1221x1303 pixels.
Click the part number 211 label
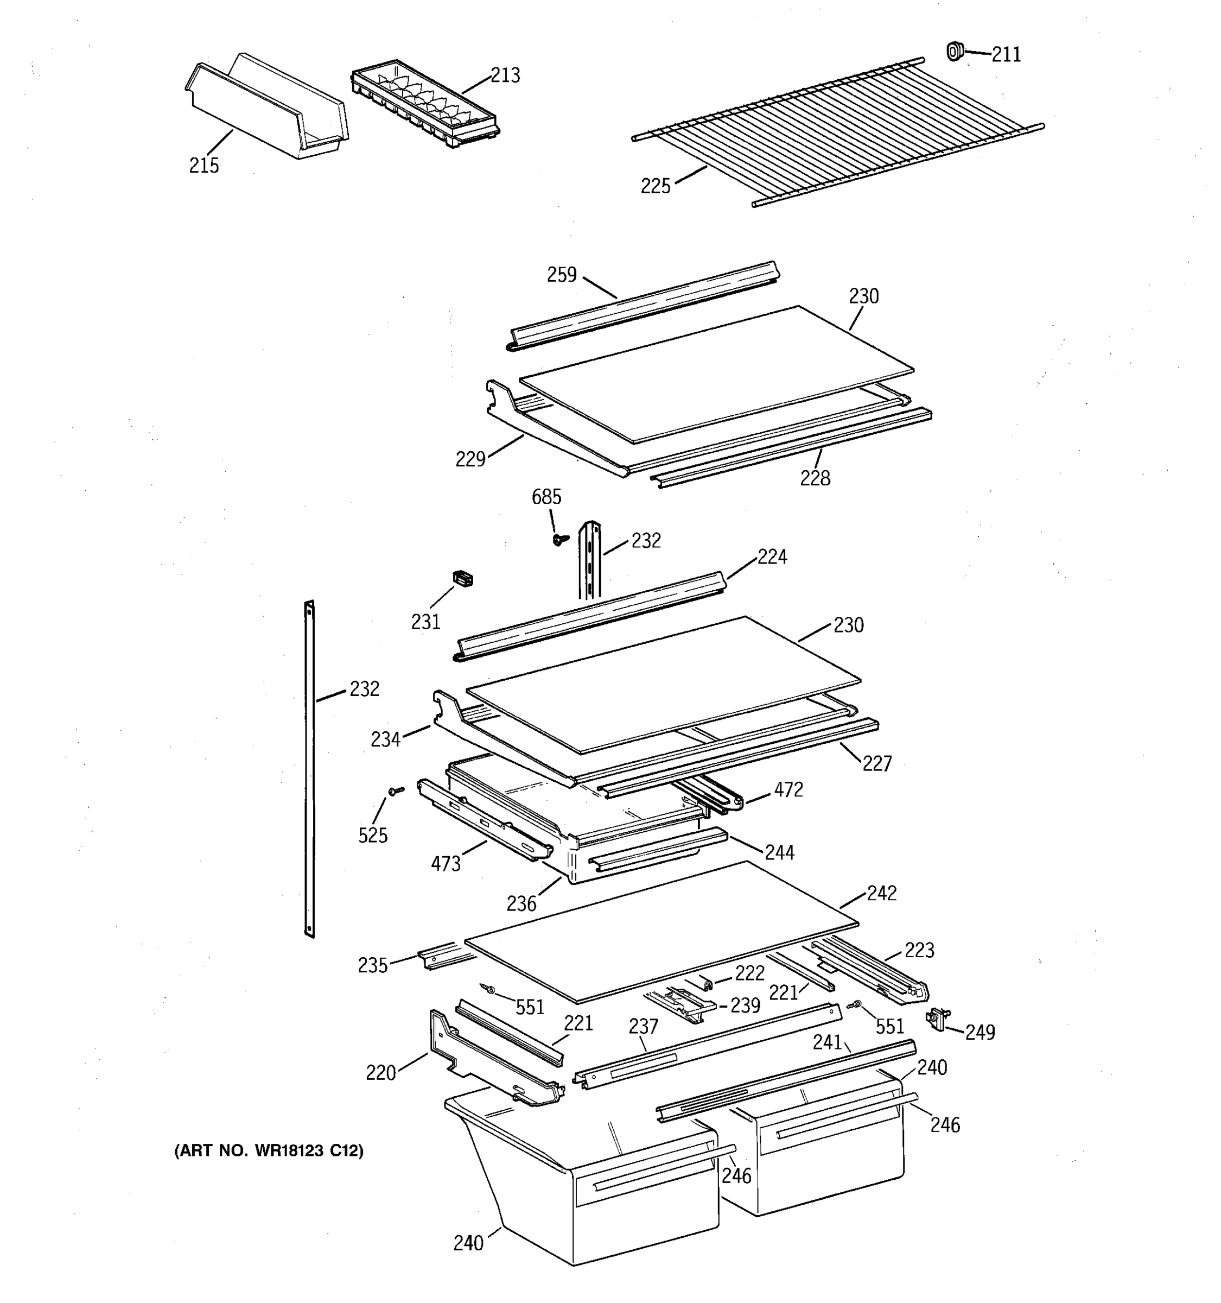[1006, 54]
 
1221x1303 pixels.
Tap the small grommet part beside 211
[955, 50]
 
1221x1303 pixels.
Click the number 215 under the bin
[203, 165]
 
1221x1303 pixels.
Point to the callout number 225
[655, 186]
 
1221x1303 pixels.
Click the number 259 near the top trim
[561, 274]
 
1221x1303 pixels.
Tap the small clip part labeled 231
[462, 578]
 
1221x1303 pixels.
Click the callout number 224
[772, 556]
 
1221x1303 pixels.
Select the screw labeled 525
[395, 791]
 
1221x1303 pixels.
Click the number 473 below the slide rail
[446, 864]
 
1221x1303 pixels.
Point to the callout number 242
[881, 893]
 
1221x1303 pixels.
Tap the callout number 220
[380, 1073]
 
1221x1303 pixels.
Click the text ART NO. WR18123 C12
[269, 1150]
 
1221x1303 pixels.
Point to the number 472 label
[788, 790]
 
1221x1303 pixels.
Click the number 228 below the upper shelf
[815, 478]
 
